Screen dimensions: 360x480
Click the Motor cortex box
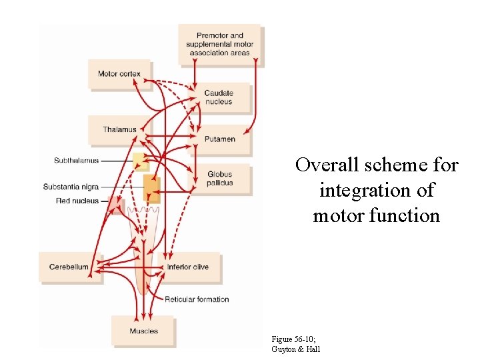(119, 73)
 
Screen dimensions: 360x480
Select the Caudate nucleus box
(219, 98)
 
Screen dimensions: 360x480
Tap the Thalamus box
(119, 129)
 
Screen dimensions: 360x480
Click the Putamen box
(219, 139)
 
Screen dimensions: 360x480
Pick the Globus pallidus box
(220, 179)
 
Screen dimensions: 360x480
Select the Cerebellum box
(69, 267)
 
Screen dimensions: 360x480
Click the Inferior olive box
(188, 267)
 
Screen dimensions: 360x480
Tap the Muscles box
(143, 331)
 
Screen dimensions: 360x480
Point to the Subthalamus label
(76, 161)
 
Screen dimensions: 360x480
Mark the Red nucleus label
(77, 201)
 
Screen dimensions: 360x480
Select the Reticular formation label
(197, 299)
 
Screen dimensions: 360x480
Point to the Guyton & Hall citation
(296, 349)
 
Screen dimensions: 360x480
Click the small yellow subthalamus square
(139, 161)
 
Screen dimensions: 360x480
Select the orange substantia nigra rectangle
(152, 187)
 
